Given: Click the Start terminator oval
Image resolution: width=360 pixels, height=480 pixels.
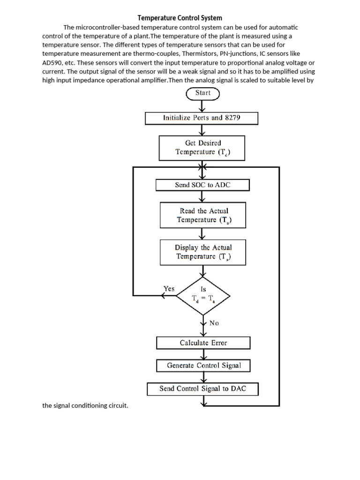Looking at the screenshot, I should (203, 93).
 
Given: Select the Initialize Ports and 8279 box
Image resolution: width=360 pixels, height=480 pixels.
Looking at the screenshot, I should (202, 118).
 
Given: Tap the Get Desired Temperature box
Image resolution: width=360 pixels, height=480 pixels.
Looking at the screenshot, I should (203, 147).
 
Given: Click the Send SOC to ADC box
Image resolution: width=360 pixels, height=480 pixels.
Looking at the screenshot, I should (202, 185).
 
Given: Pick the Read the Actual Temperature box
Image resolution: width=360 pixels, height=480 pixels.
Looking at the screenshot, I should (203, 215).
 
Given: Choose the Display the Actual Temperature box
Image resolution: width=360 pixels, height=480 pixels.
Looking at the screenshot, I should (203, 252).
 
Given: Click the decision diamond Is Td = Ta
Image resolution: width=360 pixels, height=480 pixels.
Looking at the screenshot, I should (203, 295).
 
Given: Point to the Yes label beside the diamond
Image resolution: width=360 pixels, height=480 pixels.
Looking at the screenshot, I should (169, 289).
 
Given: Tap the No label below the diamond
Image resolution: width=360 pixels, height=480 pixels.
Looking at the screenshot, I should (214, 323).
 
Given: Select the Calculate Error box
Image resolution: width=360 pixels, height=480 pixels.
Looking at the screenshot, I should (203, 343).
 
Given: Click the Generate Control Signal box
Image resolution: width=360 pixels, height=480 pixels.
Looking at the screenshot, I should (204, 366).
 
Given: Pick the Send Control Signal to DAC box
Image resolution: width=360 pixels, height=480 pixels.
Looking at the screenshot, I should (202, 389).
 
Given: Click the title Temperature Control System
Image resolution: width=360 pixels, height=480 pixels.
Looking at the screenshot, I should (180, 18).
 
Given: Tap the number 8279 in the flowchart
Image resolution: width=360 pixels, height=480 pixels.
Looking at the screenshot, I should (232, 118).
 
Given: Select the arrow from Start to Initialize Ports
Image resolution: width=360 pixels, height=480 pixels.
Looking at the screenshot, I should (203, 106).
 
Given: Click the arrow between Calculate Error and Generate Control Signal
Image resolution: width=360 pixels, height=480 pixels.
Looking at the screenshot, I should (203, 354).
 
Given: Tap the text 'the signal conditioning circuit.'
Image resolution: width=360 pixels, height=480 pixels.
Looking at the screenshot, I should (85, 405).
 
